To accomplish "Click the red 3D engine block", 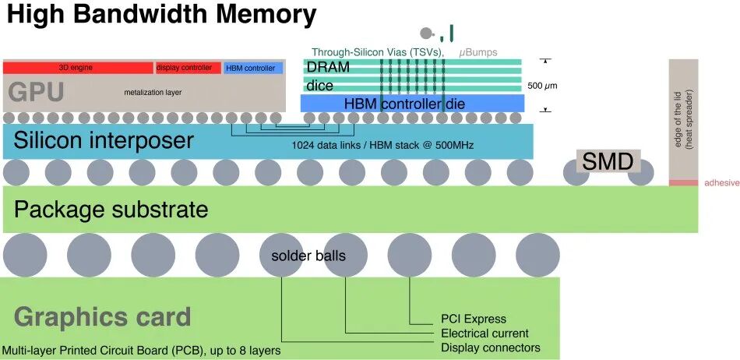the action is (x=79, y=68).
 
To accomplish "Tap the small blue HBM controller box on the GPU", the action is (x=253, y=68).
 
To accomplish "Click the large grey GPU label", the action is (x=37, y=93).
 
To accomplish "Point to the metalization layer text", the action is (x=153, y=93).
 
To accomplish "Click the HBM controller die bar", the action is (x=413, y=104).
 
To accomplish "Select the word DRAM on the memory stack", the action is (x=328, y=67).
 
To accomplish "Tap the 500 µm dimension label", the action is (x=542, y=86).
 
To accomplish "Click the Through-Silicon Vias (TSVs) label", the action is (x=378, y=52).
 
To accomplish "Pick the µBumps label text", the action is (x=478, y=52).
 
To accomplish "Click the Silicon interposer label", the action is (x=104, y=140).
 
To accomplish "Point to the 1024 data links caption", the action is (x=382, y=145).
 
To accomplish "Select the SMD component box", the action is (x=608, y=161).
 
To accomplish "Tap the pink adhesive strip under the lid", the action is (x=683, y=182).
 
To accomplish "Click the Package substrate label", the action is (x=111, y=209).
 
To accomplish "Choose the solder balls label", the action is (x=308, y=256).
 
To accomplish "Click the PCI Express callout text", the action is (x=474, y=319).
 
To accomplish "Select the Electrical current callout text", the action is (x=485, y=334).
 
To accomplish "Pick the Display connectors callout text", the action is (x=490, y=348).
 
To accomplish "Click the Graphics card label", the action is (x=102, y=316).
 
